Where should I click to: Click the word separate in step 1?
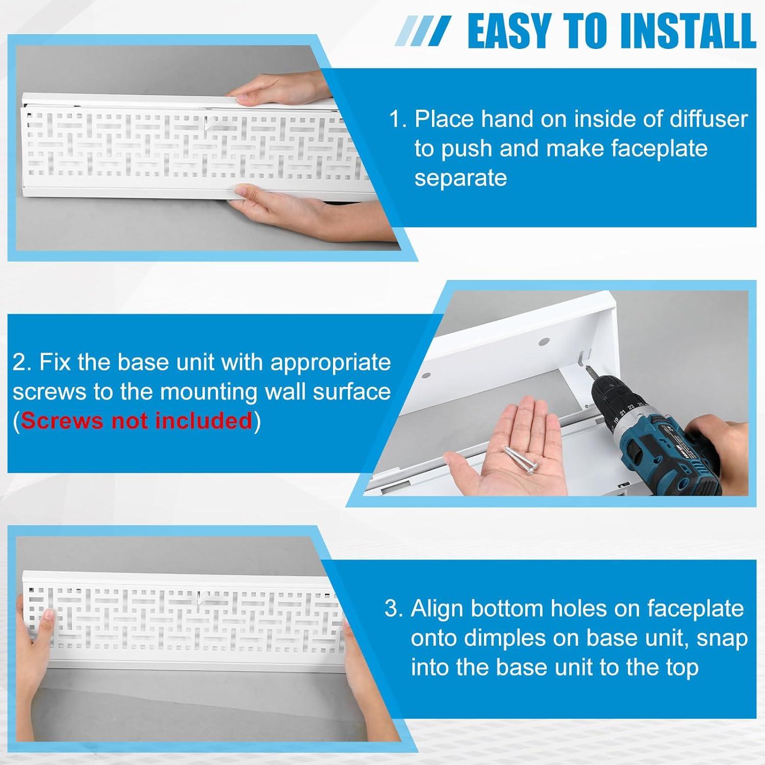[x=460, y=178]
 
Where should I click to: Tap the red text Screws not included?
[x=137, y=421]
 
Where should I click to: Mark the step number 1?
[x=398, y=119]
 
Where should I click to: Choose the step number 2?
[x=22, y=363]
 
